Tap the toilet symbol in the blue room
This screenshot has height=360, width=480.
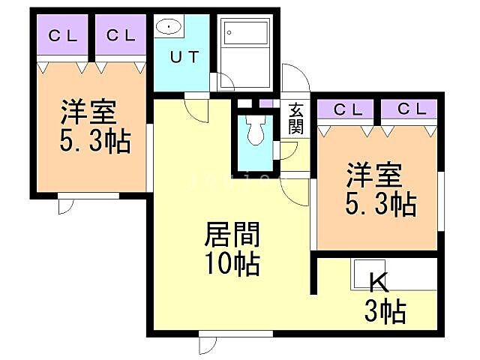click(254, 131)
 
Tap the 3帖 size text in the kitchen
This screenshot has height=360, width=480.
click(385, 309)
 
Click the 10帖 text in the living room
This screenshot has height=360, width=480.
click(232, 264)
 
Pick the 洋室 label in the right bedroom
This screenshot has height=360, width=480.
click(373, 177)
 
